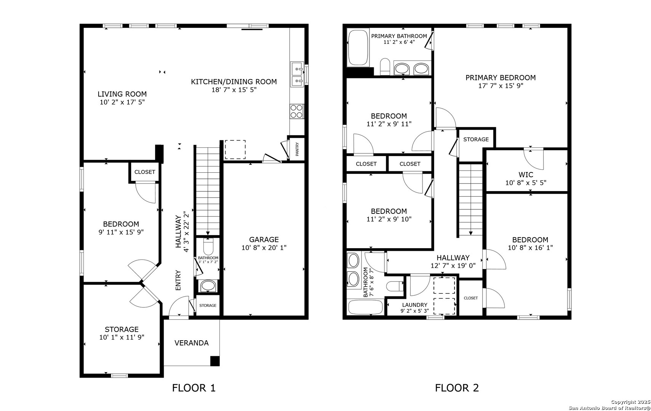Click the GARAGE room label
click(x=264, y=239)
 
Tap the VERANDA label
click(x=192, y=343)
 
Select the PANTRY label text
click(x=297, y=149)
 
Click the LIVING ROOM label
click(x=122, y=94)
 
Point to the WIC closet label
click(x=526, y=174)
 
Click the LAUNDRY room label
click(x=415, y=305)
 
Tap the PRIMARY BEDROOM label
click(x=501, y=78)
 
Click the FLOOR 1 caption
click(x=194, y=388)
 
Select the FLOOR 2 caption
click(x=457, y=388)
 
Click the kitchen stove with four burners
click(x=297, y=112)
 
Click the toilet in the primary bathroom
click(x=385, y=67)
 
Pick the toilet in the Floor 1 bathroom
click(x=208, y=247)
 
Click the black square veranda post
click(x=215, y=361)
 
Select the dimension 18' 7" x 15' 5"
click(x=234, y=90)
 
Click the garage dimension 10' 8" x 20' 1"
click(x=264, y=248)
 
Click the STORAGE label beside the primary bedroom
click(x=476, y=139)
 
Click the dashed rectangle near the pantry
click(x=235, y=150)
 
